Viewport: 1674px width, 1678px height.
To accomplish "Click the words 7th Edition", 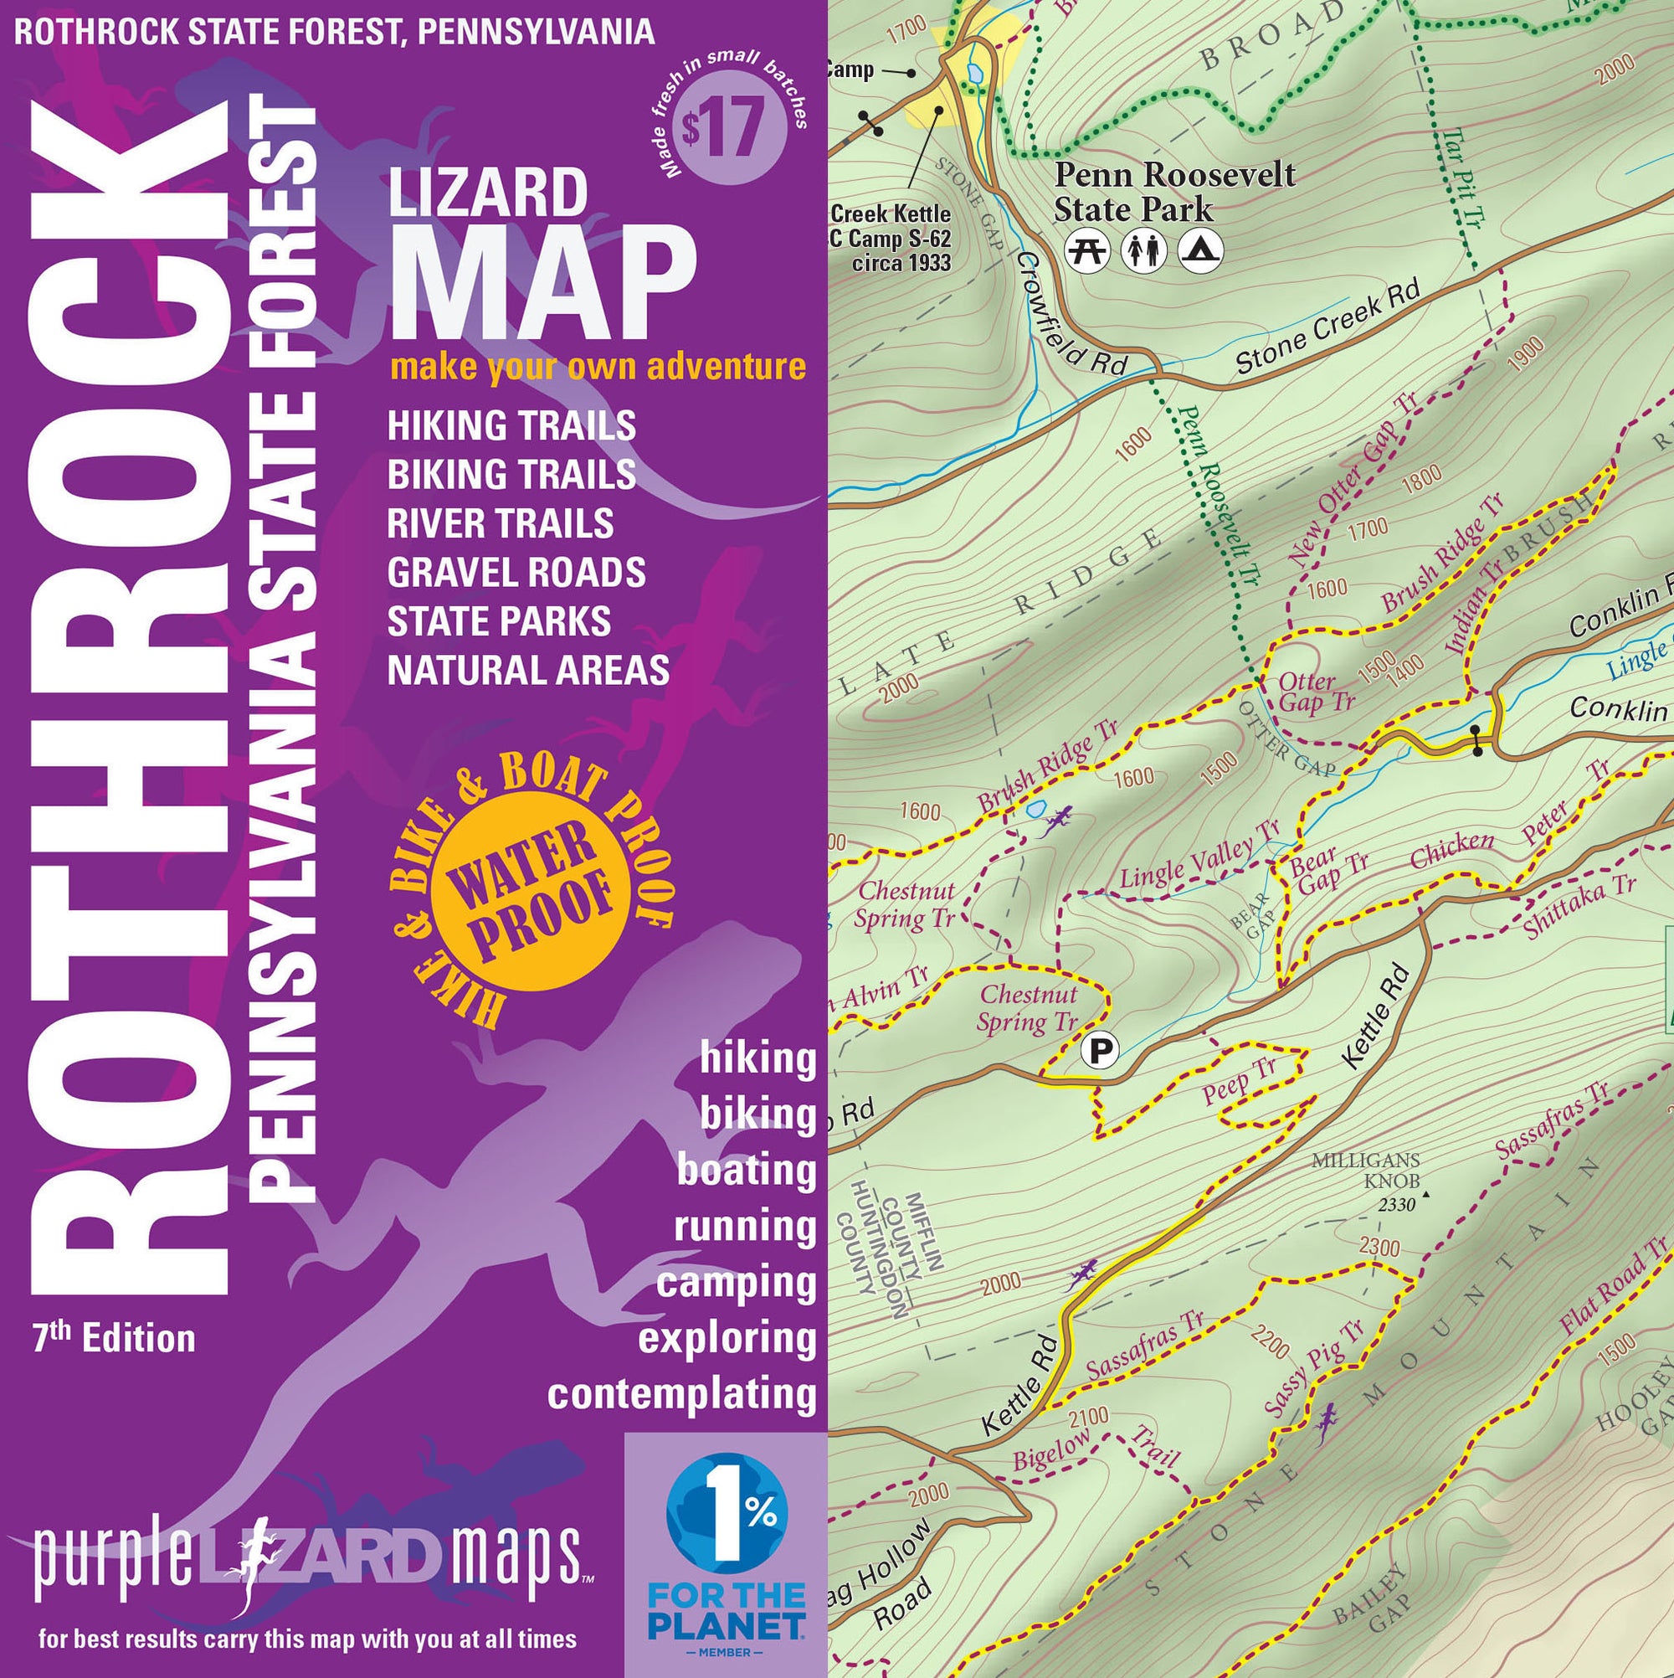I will point(114,1339).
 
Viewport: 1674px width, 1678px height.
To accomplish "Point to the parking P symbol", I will point(1100,1051).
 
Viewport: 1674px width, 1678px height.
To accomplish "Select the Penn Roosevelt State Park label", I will point(1173,192).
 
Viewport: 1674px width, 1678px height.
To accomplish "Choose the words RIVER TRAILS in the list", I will point(501,523).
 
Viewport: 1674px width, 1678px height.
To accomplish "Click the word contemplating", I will point(681,1395).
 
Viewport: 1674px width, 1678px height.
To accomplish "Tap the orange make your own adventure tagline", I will point(598,367).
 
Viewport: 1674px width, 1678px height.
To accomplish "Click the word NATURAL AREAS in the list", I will point(528,671).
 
